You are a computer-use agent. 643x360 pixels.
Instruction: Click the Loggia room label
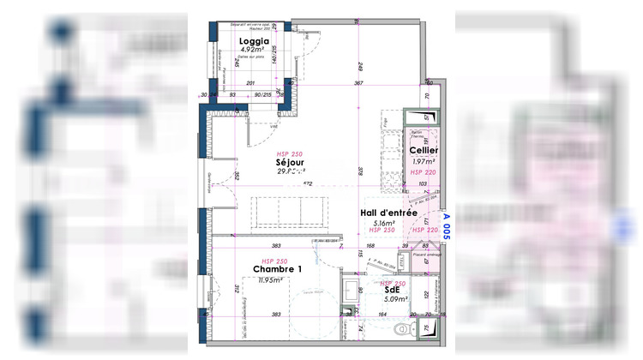254,40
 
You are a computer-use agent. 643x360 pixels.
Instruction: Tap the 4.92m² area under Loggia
254,50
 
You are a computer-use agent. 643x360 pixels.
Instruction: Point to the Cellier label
424,150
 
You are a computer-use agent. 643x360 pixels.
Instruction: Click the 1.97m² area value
424,161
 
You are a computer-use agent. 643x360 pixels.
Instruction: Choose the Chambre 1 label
277,270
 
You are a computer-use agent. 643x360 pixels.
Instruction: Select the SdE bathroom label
393,290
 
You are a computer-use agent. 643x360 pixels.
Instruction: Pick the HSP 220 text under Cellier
423,172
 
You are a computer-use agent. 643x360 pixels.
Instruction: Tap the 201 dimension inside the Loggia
250,83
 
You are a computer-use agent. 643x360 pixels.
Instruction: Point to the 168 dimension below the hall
370,245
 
